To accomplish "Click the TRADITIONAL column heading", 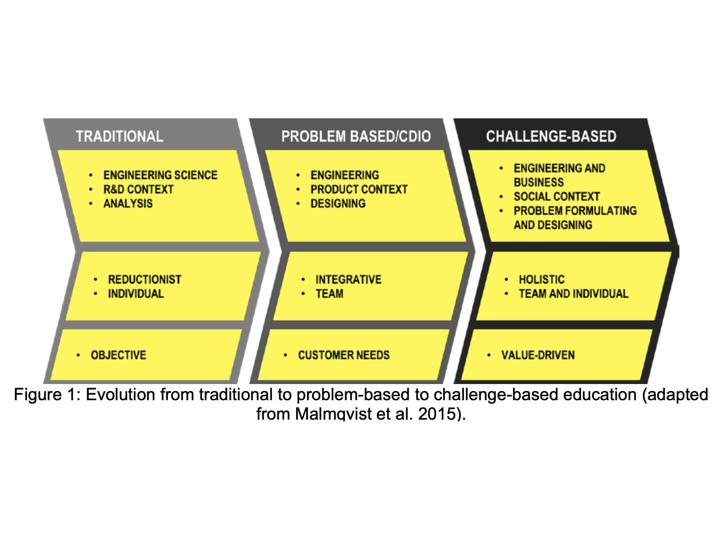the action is click(x=120, y=136).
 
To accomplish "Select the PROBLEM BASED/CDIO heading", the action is click(x=356, y=136).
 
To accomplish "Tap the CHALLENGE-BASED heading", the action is click(x=551, y=136).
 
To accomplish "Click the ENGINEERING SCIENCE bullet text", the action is click(x=160, y=175).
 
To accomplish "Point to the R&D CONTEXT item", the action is click(x=138, y=189).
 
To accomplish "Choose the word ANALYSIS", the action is click(x=128, y=204).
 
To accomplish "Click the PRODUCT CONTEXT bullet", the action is click(x=359, y=189).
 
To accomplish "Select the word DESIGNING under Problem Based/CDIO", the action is click(x=338, y=204).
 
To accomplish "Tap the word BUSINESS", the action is click(x=538, y=182).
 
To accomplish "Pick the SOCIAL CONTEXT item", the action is click(x=557, y=197).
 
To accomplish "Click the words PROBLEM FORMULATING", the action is click(x=575, y=211).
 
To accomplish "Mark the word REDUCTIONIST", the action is click(x=145, y=280).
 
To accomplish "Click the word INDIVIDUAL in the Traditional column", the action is click(x=136, y=294).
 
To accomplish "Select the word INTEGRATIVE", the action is click(x=348, y=280).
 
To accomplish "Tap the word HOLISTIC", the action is click(x=541, y=280).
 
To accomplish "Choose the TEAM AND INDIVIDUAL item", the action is click(x=573, y=294).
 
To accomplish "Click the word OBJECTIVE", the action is click(x=118, y=355).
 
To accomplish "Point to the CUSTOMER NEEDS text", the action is click(x=344, y=355).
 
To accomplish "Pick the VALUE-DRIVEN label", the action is click(x=538, y=355).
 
